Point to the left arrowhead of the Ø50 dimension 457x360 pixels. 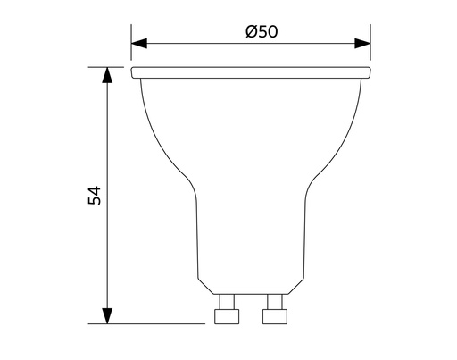139,42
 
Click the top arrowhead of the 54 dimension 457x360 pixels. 107,74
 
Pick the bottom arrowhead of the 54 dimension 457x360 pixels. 107,315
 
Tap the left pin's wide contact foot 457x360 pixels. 228,315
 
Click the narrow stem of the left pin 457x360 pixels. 228,301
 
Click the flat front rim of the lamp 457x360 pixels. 251,71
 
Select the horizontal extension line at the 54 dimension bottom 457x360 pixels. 152,323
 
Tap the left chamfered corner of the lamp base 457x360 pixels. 204,286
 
